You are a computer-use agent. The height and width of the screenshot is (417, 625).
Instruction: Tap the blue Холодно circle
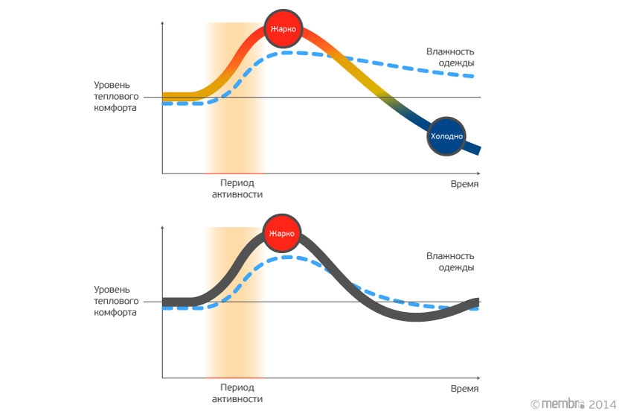coord(446,136)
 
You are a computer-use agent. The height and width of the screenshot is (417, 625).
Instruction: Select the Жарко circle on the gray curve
coord(283,234)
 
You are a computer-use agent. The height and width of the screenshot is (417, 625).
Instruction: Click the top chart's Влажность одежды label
coord(450,57)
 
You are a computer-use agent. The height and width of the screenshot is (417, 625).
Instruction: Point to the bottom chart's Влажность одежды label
coord(450,261)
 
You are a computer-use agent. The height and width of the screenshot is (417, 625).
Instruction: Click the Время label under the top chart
coord(464,184)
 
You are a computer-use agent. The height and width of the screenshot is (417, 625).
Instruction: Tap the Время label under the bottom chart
coord(464,389)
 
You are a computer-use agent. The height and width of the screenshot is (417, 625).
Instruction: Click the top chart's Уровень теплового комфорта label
coord(115,96)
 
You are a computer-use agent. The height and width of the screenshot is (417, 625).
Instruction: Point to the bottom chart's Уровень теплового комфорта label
coord(115,301)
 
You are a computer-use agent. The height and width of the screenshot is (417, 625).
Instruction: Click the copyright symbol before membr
coord(534,404)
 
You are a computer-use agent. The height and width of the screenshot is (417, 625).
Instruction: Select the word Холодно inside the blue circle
coord(446,136)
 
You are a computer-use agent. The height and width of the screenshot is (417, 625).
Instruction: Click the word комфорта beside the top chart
coord(115,108)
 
